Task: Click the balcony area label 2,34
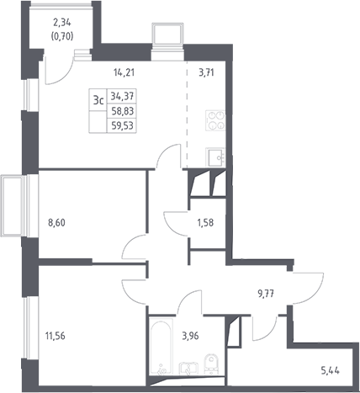[61, 23]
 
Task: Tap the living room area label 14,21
[124, 72]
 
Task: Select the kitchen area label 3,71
[206, 72]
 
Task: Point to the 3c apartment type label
[98, 100]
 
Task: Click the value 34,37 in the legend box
[122, 96]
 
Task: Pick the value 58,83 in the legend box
[123, 111]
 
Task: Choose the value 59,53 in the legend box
[122, 125]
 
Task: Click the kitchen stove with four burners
[215, 120]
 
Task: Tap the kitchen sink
[215, 157]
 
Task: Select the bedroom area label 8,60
[56, 223]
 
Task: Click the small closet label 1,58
[205, 223]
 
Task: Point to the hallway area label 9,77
[266, 294]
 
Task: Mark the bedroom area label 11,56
[56, 336]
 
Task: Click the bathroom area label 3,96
[190, 336]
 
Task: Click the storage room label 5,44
[330, 371]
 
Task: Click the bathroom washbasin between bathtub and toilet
[189, 369]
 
